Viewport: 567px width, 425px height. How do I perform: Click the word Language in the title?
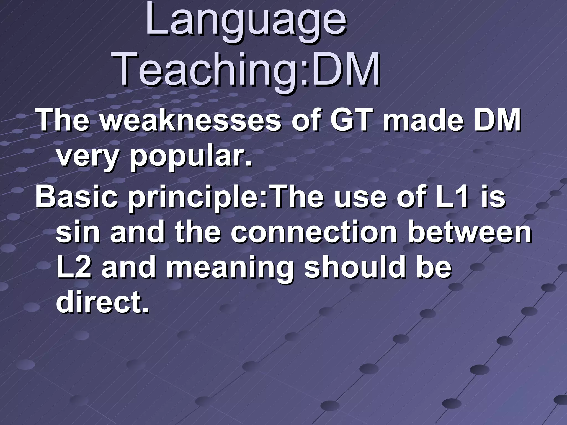click(246, 21)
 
